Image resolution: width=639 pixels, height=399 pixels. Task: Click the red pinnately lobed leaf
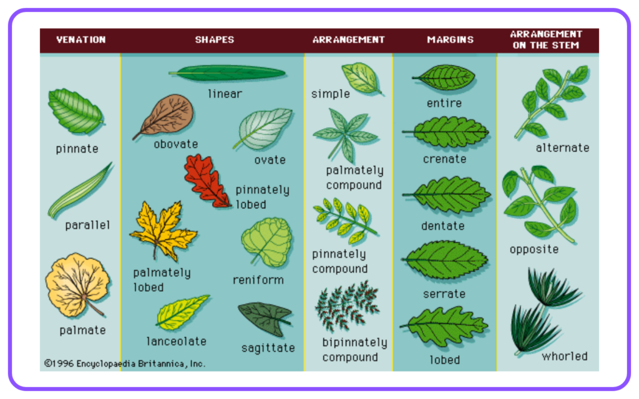[x=207, y=181]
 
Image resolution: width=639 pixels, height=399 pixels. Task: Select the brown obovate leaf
[x=165, y=115]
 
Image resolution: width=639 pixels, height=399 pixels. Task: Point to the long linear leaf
[x=227, y=74]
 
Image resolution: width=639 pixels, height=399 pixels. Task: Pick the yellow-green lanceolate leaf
[x=182, y=312]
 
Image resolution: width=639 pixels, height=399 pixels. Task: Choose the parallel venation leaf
[x=79, y=191]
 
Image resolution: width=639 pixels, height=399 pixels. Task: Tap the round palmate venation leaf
[x=78, y=285]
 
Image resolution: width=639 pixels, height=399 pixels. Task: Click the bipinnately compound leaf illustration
[x=347, y=305]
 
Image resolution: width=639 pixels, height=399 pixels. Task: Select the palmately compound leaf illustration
[x=346, y=135]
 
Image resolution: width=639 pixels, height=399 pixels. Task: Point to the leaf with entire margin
[x=444, y=77]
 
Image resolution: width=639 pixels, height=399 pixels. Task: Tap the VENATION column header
[x=80, y=40]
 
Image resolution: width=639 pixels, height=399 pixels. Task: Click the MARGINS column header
[x=451, y=40]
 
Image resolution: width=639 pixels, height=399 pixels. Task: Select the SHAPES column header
[x=215, y=40]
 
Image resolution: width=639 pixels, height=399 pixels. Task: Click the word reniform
[x=258, y=280]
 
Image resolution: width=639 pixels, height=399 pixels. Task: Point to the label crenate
[x=444, y=159]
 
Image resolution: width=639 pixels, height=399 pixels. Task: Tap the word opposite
[x=534, y=249]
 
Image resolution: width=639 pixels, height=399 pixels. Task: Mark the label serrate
[x=444, y=294]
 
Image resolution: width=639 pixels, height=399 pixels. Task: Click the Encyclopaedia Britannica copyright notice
[x=125, y=363]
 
